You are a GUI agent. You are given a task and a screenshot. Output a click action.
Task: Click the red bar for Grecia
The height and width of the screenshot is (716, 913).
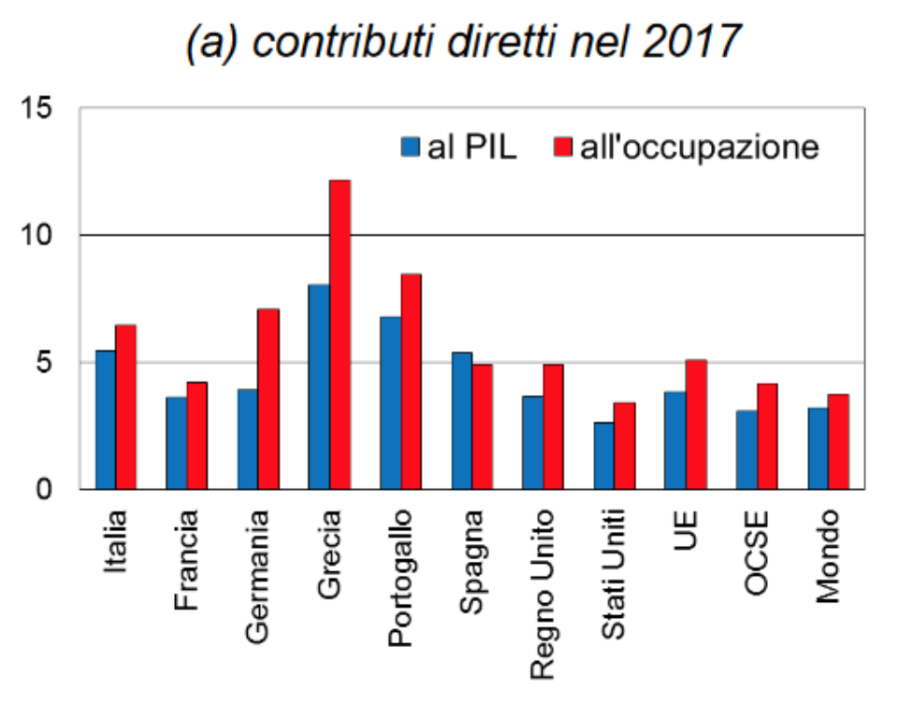coord(340,334)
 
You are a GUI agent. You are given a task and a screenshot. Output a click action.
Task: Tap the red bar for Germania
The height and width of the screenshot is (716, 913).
coord(268,398)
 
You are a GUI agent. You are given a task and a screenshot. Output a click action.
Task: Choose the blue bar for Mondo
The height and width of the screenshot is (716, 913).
coord(818,448)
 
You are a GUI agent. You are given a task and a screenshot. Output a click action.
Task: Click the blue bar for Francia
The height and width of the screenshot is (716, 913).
coord(176,442)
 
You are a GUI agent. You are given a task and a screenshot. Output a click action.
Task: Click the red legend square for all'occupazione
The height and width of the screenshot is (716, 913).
coord(562,147)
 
